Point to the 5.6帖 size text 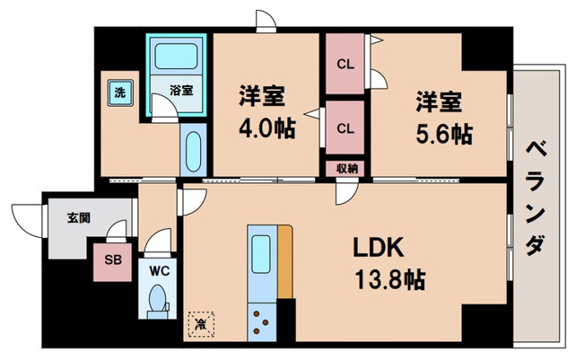coord(443,133)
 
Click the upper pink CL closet coord(345,64)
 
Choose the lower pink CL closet coord(345,127)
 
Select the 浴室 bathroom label coord(183,91)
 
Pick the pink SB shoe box coord(111,261)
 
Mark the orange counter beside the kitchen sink coord(285,260)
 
